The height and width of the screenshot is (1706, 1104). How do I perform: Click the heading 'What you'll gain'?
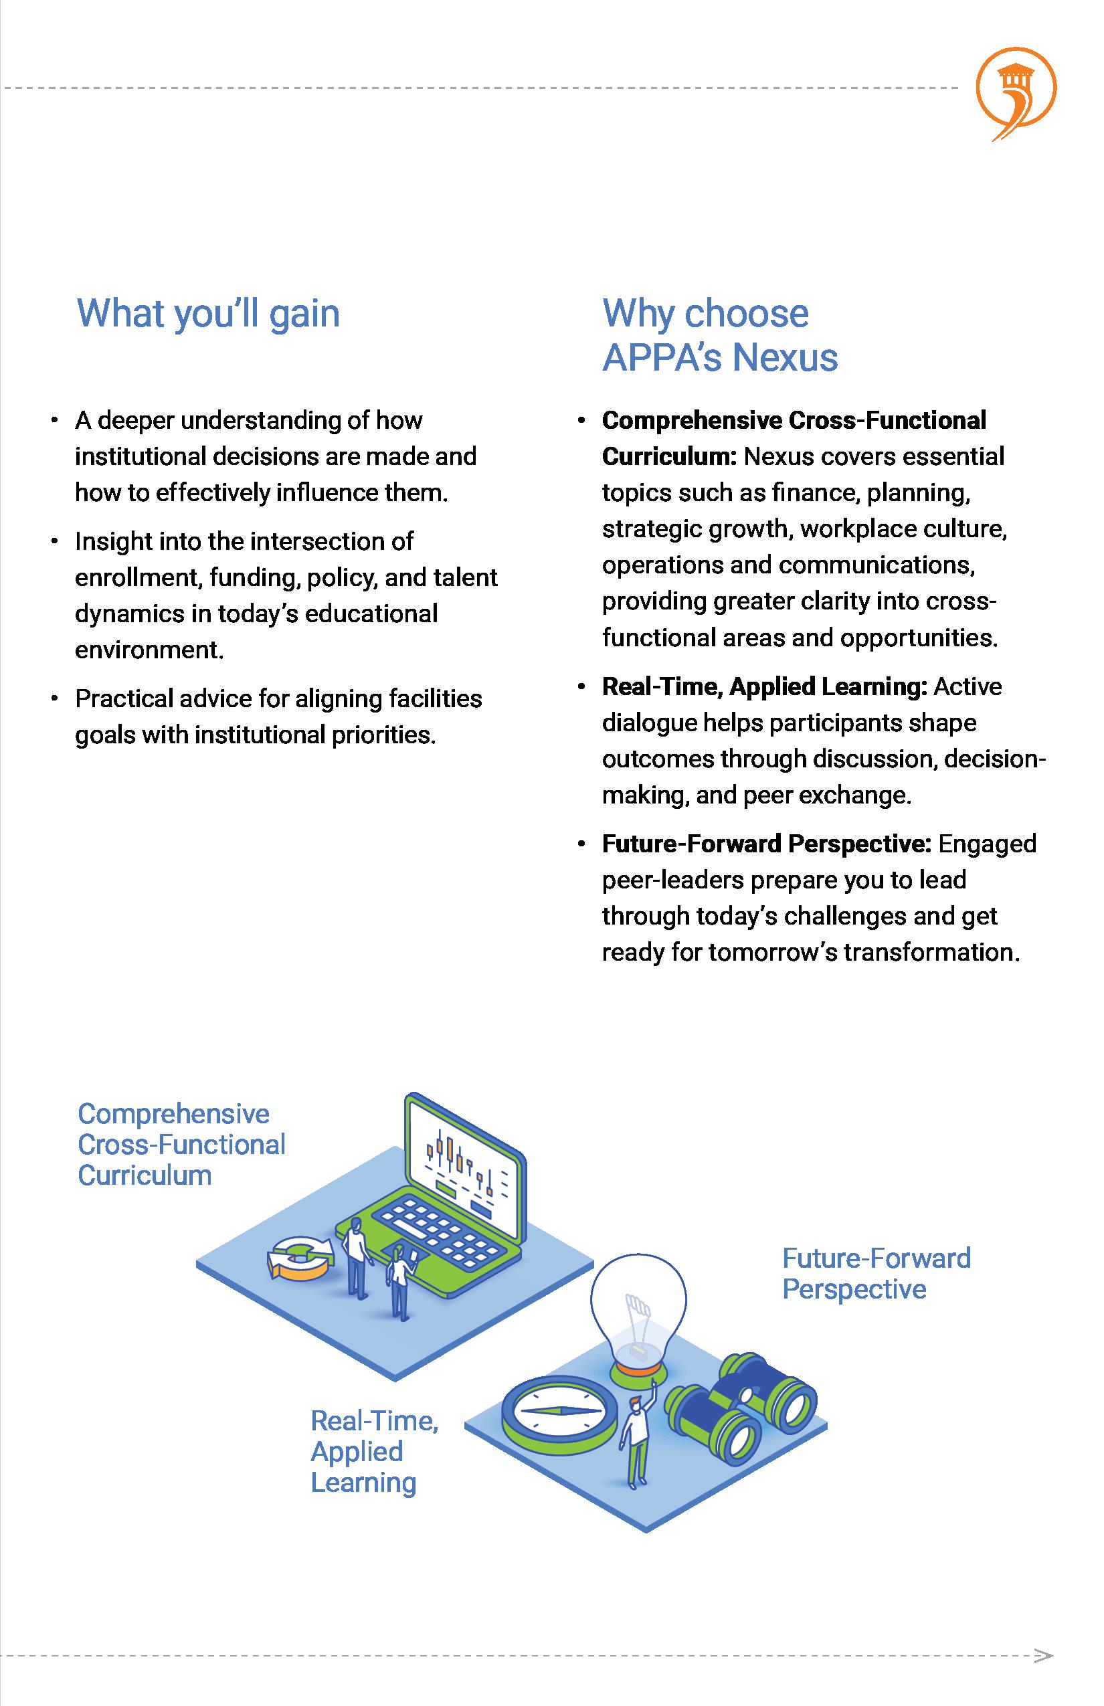click(208, 313)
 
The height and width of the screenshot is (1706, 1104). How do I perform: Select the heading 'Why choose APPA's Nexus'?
click(719, 335)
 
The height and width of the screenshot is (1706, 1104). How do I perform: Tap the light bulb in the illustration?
click(637, 1313)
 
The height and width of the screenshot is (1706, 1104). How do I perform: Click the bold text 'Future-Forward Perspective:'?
click(766, 844)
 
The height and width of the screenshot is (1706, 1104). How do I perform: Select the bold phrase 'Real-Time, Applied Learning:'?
click(764, 686)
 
